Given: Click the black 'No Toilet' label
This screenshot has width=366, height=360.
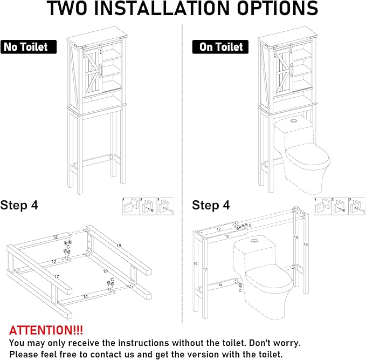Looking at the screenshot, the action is coord(29,47).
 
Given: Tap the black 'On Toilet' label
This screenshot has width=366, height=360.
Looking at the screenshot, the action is coord(220,47).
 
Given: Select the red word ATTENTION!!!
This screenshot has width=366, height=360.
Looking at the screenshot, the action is coord(46,330).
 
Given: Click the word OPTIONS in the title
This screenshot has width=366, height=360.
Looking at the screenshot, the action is coord(278,9).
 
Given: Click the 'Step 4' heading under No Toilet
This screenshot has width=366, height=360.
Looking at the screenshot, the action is coord(19,205).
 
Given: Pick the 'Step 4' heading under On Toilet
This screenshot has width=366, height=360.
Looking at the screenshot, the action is coord(211,205).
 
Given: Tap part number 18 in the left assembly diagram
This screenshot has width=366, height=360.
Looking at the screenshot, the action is coord(119,246).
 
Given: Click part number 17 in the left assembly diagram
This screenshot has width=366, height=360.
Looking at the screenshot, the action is coord(57,276).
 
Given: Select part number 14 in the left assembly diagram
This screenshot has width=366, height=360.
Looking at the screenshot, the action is coord(85,296).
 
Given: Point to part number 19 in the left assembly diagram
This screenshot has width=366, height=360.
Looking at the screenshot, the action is coord(105,271).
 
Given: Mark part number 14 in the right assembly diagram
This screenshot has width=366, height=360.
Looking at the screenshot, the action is coord(220,285).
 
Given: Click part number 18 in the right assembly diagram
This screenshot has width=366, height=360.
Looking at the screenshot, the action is coord(306,244).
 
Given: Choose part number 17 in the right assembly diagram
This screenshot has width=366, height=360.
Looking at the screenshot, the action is coord(205,269).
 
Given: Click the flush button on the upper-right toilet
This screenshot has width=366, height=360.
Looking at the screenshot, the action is coord(293,120).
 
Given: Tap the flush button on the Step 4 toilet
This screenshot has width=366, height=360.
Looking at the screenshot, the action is coord(254,240).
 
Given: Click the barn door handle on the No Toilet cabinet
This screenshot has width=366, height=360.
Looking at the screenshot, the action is coord(101,70).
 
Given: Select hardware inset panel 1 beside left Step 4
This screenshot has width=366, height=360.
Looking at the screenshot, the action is coord(131,206).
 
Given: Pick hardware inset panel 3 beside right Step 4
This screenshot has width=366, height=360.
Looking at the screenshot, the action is coord(357,206).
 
